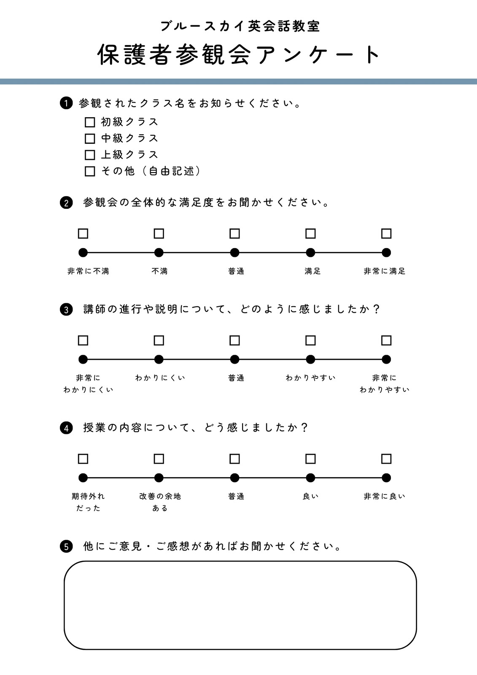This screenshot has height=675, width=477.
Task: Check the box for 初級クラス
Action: (90, 122)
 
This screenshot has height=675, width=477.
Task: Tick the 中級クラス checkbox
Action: (90, 139)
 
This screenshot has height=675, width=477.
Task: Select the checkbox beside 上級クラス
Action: (90, 155)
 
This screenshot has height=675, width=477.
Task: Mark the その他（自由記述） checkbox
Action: (90, 171)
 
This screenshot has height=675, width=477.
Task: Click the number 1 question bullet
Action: (66, 103)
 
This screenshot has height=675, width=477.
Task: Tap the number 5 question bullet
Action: (66, 546)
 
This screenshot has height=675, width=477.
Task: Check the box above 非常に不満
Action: (83, 234)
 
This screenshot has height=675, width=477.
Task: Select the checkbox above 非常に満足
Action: (386, 234)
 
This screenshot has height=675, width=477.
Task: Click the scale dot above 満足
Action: (310, 253)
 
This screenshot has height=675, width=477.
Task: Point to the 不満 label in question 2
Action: (159, 271)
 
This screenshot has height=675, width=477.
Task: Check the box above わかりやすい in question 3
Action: (310, 340)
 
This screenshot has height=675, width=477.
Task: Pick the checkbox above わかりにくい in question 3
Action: (159, 340)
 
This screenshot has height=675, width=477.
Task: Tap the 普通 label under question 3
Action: (236, 378)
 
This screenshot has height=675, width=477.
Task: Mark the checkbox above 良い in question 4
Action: (310, 459)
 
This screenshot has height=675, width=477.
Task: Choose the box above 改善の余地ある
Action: (159, 459)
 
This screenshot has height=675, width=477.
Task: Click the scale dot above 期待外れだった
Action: (83, 478)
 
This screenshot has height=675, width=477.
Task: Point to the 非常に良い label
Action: (385, 496)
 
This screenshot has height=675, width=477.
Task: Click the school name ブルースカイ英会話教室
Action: (240, 27)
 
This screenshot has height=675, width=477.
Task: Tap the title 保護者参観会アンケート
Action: (239, 54)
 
